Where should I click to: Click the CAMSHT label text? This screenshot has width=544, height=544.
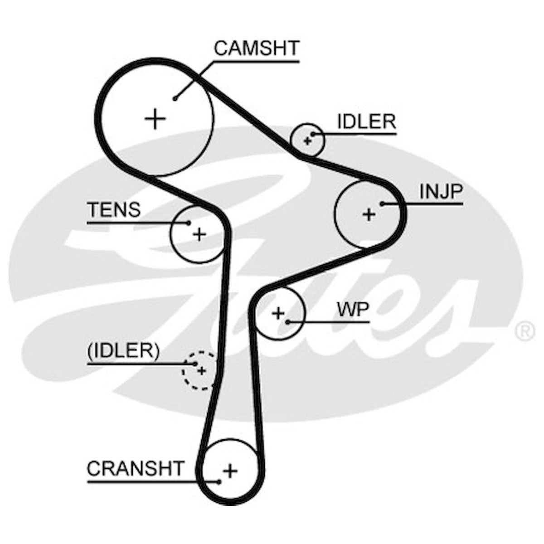click(x=256, y=48)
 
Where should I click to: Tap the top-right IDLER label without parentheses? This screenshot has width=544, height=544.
click(x=367, y=121)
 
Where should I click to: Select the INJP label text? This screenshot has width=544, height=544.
click(x=441, y=192)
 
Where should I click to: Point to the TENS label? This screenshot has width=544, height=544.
click(x=114, y=209)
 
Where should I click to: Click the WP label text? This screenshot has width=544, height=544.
click(x=353, y=310)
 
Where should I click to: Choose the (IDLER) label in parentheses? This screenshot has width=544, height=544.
click(x=124, y=351)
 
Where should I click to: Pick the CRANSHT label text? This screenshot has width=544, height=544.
click(x=136, y=469)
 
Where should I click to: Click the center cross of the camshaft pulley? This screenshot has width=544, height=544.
click(x=155, y=119)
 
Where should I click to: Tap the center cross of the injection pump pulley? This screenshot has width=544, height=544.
click(x=369, y=215)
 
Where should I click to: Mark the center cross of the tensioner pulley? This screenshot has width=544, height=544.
click(x=199, y=234)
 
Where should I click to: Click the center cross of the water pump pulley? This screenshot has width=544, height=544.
click(x=278, y=313)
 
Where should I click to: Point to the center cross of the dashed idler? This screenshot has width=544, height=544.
click(x=201, y=371)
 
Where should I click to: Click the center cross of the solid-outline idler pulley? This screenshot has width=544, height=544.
click(x=307, y=141)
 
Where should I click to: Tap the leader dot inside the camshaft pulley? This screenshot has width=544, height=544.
click(x=175, y=98)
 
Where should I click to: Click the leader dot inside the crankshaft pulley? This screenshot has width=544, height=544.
click(x=219, y=482)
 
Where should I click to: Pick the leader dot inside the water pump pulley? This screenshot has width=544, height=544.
click(x=288, y=322)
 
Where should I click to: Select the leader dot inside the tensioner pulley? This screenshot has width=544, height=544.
click(x=189, y=223)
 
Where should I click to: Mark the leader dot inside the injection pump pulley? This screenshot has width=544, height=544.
click(x=382, y=204)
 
